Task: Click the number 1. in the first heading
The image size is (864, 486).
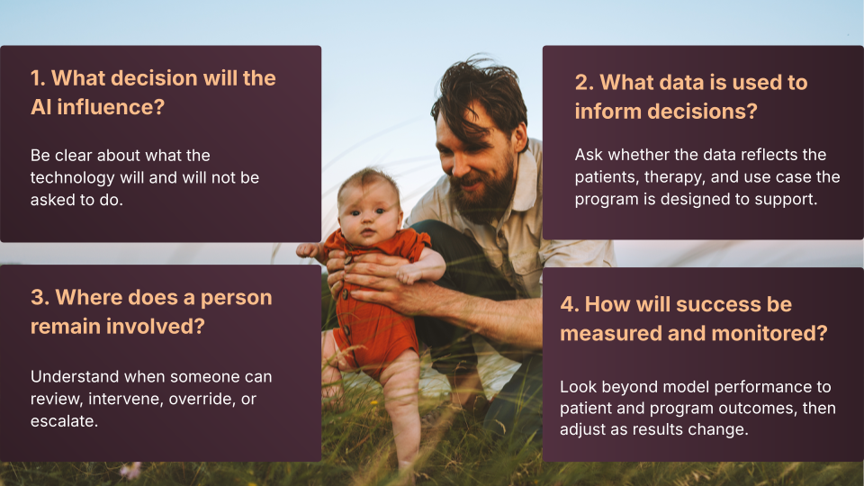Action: [x=38, y=78]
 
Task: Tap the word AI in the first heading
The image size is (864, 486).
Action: [x=41, y=107]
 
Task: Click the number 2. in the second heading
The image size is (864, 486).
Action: [x=584, y=83]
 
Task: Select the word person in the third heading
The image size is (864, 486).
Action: [x=237, y=298]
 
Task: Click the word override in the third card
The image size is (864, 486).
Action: [x=201, y=399]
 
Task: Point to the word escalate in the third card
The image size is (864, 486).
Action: [x=64, y=421]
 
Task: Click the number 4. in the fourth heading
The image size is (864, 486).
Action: [x=570, y=304]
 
